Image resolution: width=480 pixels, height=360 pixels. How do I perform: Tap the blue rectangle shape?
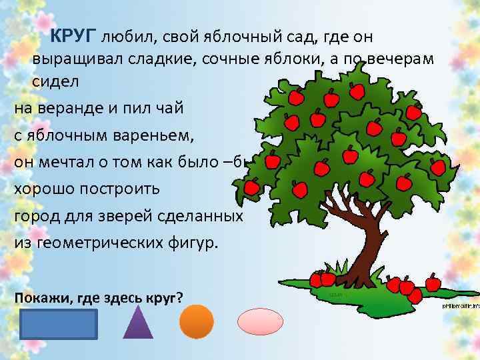pyautogui.click(x=59, y=324)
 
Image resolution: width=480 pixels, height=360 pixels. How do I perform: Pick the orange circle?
pyautogui.click(x=196, y=322)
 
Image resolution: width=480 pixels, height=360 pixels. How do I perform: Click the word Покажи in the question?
pyautogui.click(x=37, y=297)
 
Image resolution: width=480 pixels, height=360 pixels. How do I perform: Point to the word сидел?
pyautogui.click(x=55, y=81)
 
